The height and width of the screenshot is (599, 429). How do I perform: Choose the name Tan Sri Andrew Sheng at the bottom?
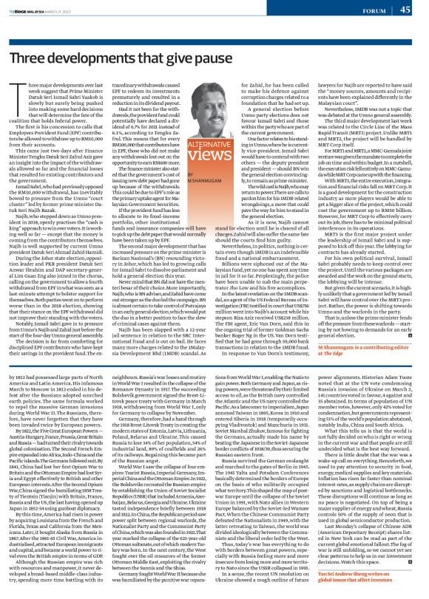(x=356, y=578)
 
